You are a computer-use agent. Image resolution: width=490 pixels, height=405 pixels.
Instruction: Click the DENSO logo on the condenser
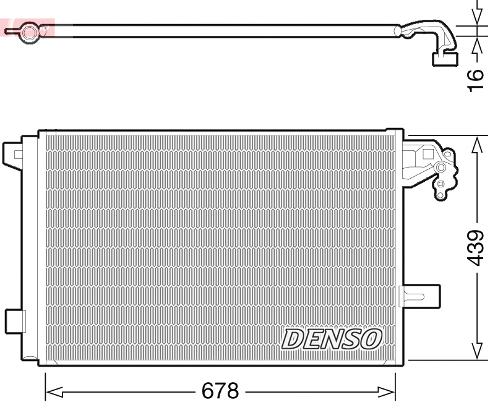pos(332,338)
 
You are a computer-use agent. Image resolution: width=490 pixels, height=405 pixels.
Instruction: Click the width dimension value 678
pos(220,391)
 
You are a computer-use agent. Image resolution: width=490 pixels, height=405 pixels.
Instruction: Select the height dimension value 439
pos(475,247)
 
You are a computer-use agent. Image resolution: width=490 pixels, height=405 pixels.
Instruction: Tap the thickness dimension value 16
pos(475,81)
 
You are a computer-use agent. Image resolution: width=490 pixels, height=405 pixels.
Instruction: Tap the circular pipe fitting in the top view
pos(28,32)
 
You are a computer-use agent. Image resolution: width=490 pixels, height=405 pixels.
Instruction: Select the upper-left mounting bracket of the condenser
pos(13,154)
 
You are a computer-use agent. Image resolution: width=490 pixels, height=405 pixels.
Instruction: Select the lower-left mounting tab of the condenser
pos(15,321)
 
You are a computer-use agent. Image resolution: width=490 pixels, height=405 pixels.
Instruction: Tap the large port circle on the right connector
pos(441,168)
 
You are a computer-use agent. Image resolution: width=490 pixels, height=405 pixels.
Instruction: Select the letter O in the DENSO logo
pos(372,338)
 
